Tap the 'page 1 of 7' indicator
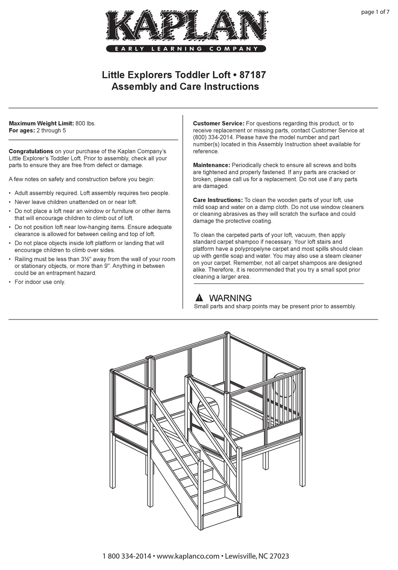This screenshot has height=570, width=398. (375, 12)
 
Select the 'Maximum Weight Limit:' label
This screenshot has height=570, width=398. (41, 124)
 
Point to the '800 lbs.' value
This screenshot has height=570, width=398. (85, 124)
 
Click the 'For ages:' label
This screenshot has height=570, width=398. (22, 130)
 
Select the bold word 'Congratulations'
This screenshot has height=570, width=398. (31, 151)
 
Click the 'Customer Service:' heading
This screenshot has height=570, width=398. (218, 124)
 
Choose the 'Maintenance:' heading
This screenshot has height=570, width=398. (211, 165)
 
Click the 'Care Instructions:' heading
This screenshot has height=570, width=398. (217, 200)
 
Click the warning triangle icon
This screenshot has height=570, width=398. (199, 298)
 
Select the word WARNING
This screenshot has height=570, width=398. (230, 298)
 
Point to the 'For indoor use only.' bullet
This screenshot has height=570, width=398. (40, 282)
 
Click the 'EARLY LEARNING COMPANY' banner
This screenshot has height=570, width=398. (186, 49)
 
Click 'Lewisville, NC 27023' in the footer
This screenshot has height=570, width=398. (257, 556)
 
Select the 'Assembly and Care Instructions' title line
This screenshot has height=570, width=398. (185, 87)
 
